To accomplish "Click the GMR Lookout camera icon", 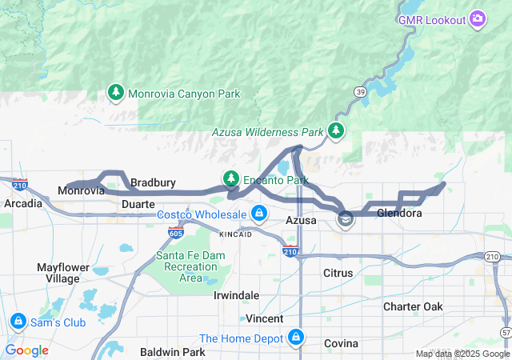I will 478,18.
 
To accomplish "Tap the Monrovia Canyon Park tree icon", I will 116,94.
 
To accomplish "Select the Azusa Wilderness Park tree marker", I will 337,130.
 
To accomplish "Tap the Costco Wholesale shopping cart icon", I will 258,214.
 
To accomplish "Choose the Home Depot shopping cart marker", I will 297,337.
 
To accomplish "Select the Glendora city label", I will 398,214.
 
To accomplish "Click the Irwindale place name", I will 236,295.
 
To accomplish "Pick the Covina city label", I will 341,343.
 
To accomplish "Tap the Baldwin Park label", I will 172,351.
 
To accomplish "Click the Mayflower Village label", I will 58,273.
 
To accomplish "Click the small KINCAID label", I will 236,234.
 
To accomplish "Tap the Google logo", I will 26,350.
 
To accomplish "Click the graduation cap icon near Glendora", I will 345,219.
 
